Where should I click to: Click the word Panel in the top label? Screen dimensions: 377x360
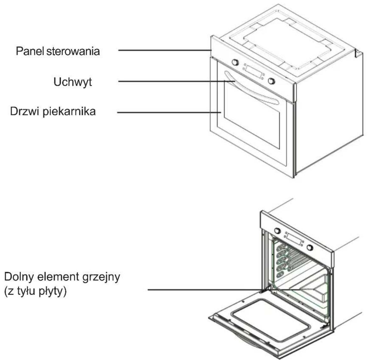(30, 51)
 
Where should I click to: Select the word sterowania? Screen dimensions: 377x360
(73, 51)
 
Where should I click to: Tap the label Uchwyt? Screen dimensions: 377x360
(73, 82)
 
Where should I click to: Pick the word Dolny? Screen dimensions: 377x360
(20, 277)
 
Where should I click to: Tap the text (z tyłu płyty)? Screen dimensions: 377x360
(35, 291)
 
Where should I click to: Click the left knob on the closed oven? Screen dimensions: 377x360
(235, 63)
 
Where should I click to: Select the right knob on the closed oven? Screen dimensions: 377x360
(272, 81)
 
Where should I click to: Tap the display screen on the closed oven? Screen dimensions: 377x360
(254, 72)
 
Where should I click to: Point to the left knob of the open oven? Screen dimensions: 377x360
(277, 231)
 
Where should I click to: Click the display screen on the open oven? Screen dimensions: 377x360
(294, 239)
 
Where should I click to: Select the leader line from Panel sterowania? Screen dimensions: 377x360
(165, 50)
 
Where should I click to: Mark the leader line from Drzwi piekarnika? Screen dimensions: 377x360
(169, 112)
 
